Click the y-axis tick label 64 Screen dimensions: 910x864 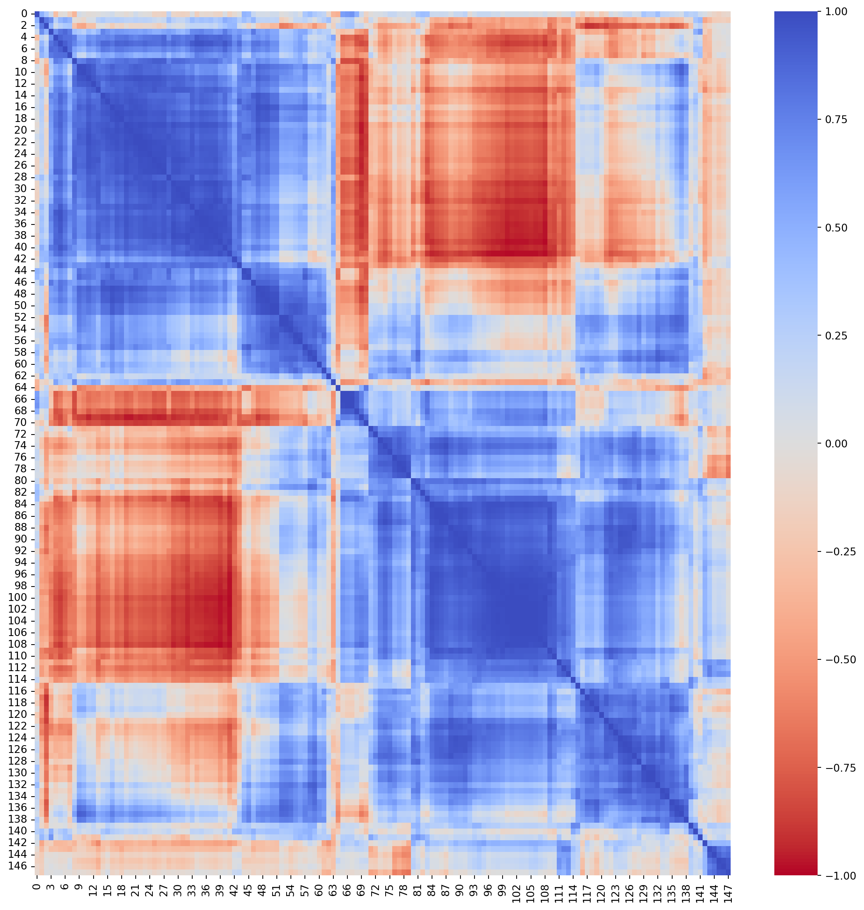[x=21, y=387]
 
